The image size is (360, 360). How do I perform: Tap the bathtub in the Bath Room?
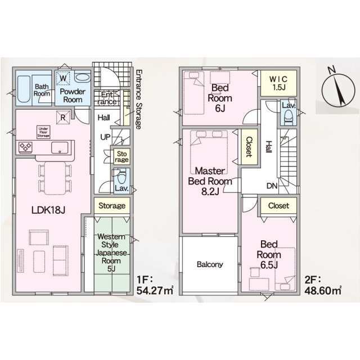[x=24, y=89]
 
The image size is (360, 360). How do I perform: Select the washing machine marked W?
[x=63, y=79]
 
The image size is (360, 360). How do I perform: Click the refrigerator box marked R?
[x=63, y=118]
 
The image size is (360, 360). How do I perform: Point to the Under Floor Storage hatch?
[x=43, y=132]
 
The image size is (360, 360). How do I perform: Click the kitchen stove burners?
[x=25, y=147]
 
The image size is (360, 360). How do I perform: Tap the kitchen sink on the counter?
[x=60, y=147]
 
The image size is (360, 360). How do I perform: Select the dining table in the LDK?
[x=55, y=178]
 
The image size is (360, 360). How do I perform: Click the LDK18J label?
[x=48, y=210]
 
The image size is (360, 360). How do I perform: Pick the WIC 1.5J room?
[x=279, y=83]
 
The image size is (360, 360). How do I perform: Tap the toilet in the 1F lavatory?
[x=121, y=178]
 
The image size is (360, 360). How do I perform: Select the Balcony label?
[x=210, y=264]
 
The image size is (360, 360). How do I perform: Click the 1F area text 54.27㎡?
[x=155, y=291]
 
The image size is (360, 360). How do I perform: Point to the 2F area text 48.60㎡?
[x=323, y=291]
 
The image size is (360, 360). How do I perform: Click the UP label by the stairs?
[x=105, y=137]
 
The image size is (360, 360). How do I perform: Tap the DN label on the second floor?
[x=272, y=186]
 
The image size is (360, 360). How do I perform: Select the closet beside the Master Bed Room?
[x=249, y=147]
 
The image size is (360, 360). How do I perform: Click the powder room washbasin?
[x=82, y=77]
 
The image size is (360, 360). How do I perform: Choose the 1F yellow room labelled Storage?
[x=112, y=206]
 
